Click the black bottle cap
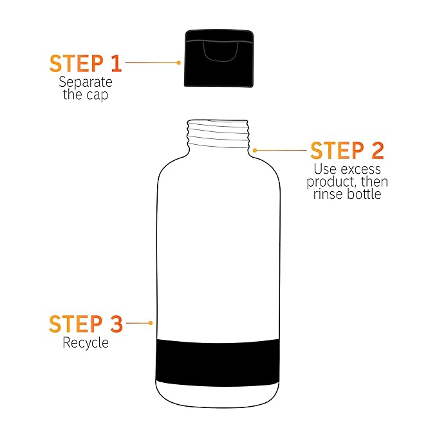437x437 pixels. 219,59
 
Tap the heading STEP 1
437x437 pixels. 86,64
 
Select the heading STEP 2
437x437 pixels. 348,151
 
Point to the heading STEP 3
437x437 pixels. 86,324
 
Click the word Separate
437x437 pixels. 86,82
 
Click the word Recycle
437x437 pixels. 86,343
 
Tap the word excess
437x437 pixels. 360,169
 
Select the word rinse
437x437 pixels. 327,194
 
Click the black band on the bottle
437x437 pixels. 218,362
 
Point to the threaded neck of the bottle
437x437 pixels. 218,135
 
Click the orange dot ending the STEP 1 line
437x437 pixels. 179,62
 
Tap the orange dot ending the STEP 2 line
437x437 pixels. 255,151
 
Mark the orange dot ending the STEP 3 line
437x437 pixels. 151,323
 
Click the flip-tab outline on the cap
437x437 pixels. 221,51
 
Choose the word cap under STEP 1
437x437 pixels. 97,95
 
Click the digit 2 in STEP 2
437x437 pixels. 377,151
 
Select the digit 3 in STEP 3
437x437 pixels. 116,324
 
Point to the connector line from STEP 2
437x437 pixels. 281,150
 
